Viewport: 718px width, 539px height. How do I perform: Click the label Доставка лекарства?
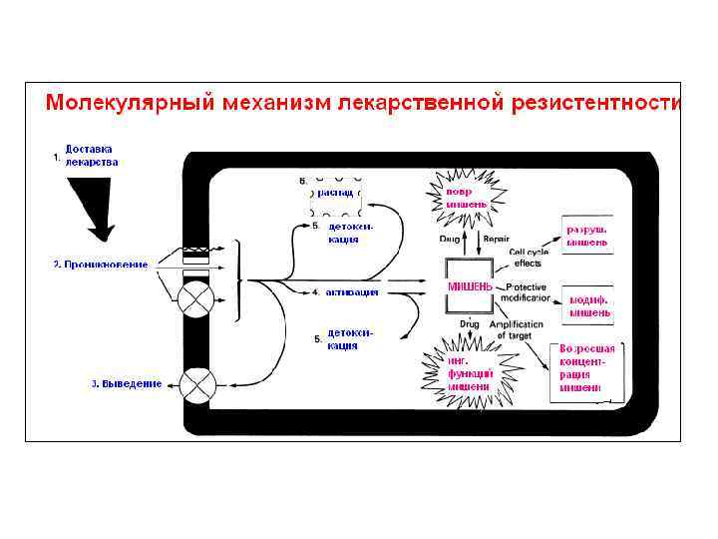(x=92, y=155)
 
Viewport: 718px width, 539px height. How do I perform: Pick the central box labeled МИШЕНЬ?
(x=470, y=286)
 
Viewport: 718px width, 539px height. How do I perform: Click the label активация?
(x=351, y=292)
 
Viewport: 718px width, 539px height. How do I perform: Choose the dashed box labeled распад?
(x=336, y=196)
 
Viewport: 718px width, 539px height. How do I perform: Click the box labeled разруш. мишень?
(x=587, y=235)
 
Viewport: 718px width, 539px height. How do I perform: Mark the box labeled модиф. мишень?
(x=589, y=305)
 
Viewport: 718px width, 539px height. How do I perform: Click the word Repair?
(x=496, y=241)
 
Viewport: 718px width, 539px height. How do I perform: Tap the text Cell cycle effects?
(x=527, y=257)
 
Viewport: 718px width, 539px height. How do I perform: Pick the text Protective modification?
(x=526, y=292)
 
